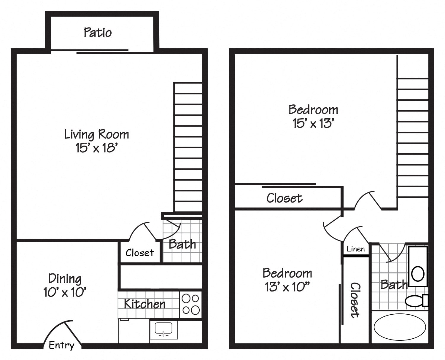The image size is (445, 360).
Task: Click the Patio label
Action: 98,32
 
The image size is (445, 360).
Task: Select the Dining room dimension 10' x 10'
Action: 65,292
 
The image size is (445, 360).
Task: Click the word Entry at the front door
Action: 61,345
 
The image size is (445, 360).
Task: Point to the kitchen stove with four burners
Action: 191,304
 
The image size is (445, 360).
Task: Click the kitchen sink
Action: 163,329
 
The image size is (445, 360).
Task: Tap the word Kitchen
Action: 144,304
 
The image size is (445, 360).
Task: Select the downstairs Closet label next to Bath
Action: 139,253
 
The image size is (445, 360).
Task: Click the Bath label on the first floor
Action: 182,244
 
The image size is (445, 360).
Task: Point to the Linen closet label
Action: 356,249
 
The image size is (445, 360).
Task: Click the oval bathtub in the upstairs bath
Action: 400,327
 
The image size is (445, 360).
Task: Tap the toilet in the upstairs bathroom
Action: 416,301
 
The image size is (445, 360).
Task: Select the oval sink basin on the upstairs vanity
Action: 418,273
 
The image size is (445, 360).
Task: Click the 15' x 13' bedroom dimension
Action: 313,123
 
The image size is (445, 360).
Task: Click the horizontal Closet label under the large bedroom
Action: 284,198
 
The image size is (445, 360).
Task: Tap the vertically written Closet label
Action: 355,300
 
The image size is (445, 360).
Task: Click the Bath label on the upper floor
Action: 394,285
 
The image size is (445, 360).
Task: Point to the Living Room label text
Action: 97,134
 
